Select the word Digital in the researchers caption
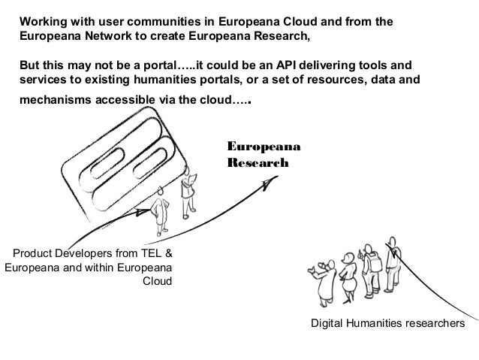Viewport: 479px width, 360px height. click(327, 323)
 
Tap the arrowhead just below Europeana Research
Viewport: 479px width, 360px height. click(265, 184)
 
